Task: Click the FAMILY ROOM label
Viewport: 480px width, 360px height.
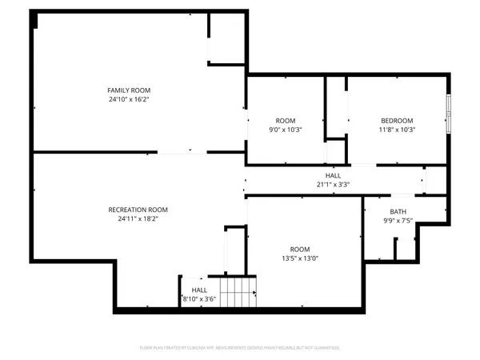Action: pos(129,90)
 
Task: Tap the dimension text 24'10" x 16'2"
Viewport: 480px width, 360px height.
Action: pos(129,100)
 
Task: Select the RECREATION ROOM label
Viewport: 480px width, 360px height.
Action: pos(138,210)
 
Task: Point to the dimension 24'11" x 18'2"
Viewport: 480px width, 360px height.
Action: pos(138,219)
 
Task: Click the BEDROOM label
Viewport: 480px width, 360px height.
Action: pos(398,119)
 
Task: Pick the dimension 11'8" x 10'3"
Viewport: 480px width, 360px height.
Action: pos(398,129)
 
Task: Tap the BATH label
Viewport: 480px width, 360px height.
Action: pos(398,212)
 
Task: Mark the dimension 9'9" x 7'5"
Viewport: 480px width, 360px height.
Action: pos(398,222)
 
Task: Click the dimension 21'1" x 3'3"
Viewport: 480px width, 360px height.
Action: pos(333,184)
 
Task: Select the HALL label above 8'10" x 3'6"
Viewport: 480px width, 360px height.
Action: pos(199,290)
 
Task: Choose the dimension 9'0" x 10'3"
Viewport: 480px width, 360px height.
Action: pos(285,129)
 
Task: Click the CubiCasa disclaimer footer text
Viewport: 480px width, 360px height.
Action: pos(239,348)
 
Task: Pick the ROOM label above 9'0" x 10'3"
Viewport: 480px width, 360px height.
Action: pos(285,119)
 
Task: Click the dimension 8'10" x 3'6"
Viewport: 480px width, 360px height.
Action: pos(199,300)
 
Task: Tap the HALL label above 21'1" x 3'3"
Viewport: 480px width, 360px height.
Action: pos(333,174)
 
